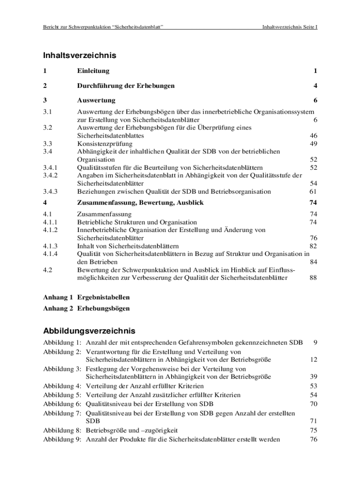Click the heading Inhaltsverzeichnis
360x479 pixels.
click(79, 56)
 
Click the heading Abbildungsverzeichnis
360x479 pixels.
click(89, 331)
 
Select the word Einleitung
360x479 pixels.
click(94, 71)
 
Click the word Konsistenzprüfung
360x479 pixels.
click(105, 144)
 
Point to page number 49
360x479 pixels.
click(314, 144)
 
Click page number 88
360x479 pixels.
click(314, 278)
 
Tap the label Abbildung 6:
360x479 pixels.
click(62, 404)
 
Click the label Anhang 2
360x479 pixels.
click(58, 309)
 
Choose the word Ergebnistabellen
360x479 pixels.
click(103, 298)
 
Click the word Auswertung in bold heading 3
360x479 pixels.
click(96, 101)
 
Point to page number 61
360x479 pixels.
click(314, 191)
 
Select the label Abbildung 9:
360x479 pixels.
click(62, 439)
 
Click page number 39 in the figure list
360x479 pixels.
click(314, 377)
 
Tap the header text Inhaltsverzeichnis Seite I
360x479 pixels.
click(290, 27)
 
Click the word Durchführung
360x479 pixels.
click(99, 86)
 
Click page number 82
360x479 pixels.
click(314, 246)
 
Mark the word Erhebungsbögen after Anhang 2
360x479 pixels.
click(103, 309)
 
